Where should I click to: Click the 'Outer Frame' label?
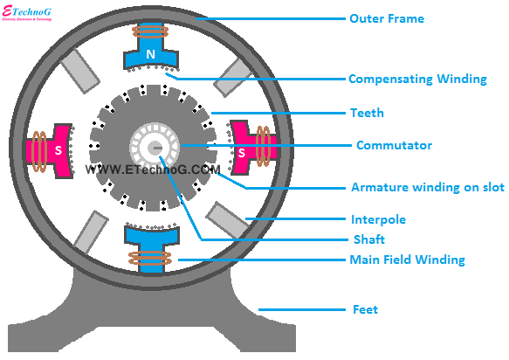click(385, 18)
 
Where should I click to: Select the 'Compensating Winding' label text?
click(417, 79)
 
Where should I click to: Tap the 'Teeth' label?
click(366, 113)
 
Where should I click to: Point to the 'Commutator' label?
click(394, 145)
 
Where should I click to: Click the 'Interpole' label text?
click(377, 219)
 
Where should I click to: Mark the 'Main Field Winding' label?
click(407, 260)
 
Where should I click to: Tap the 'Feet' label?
click(364, 309)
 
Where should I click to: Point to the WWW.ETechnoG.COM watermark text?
click(153, 169)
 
